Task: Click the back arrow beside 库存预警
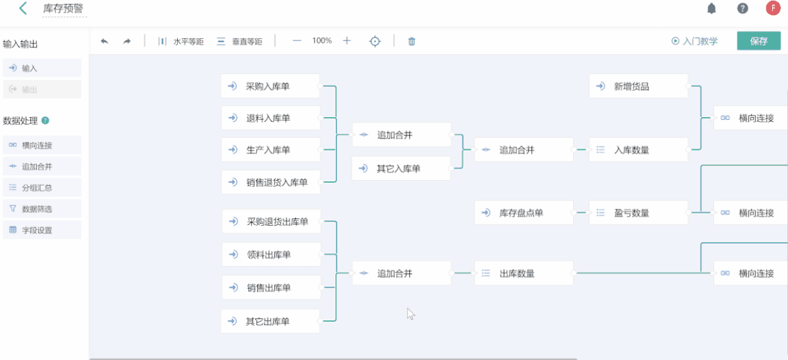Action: (x=23, y=9)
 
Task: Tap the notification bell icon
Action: (x=711, y=9)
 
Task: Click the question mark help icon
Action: (x=742, y=9)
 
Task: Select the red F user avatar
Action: (x=773, y=9)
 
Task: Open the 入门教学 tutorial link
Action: (x=695, y=41)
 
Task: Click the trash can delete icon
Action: (x=412, y=41)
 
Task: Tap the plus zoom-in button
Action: (x=347, y=41)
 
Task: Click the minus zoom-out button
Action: (x=297, y=41)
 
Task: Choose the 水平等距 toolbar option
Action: (x=181, y=41)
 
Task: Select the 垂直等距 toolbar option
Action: (x=240, y=41)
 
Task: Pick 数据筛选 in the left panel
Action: (x=37, y=209)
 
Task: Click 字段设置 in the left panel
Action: (x=37, y=230)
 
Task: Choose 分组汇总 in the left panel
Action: (x=37, y=188)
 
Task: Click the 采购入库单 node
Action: (x=270, y=86)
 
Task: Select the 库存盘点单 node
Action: (x=523, y=213)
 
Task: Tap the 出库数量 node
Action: (x=523, y=273)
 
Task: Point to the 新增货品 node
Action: (x=638, y=86)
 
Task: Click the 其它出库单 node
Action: (x=270, y=321)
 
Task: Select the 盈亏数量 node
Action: (x=638, y=213)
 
